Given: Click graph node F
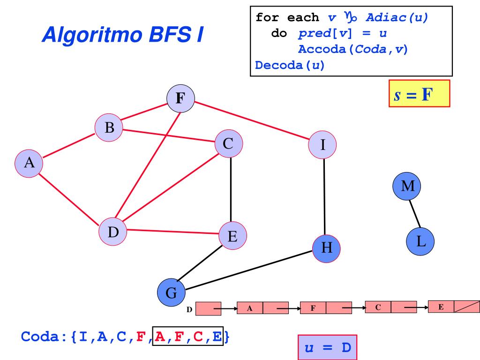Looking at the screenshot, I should tap(181, 100).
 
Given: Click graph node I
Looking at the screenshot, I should tap(322, 144).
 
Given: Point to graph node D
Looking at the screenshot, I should tap(113, 231).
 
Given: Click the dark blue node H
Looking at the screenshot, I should tap(327, 247).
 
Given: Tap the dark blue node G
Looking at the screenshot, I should tap(171, 293).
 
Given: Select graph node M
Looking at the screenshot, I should tap(407, 186).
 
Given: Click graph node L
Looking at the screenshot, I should tap(420, 241).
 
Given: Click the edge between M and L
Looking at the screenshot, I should tap(413, 213).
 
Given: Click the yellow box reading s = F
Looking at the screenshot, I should tap(419, 94).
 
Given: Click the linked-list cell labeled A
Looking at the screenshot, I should tap(250, 308).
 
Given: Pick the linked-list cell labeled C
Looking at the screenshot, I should tap(377, 307).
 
